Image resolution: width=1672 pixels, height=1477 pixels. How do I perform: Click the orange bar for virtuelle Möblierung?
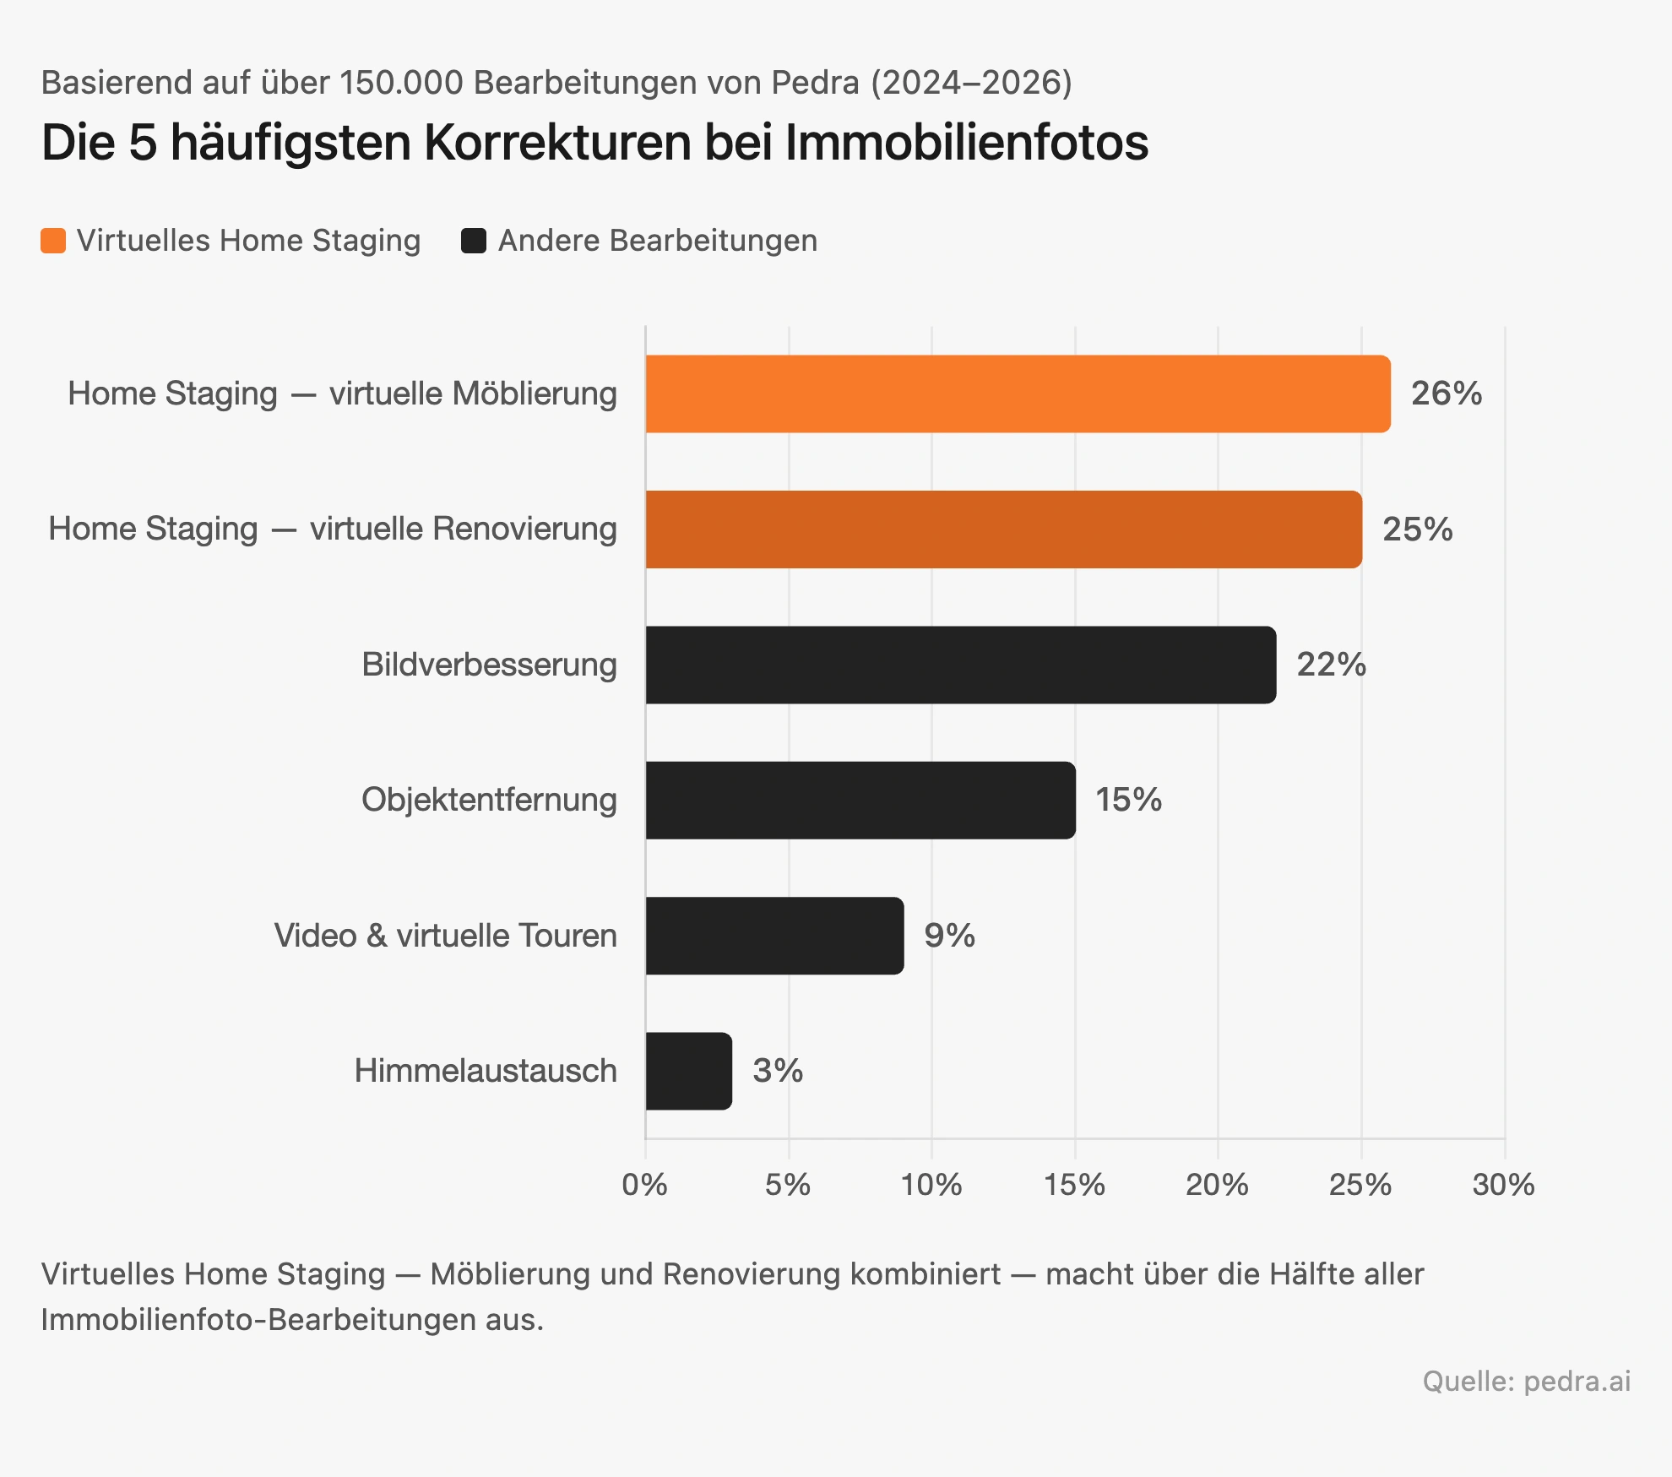tap(1018, 394)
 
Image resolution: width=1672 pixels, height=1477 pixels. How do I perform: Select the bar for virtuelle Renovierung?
tap(1003, 529)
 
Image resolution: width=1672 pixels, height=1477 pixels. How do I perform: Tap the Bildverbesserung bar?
tap(960, 665)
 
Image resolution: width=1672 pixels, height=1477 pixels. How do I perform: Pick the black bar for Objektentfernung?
tap(860, 800)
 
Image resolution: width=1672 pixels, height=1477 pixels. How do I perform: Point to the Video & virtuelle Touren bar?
tap(774, 936)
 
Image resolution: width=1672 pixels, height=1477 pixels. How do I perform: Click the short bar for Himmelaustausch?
tap(688, 1071)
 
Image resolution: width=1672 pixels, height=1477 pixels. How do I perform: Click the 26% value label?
tap(1446, 394)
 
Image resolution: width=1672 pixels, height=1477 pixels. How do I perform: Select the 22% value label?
tap(1331, 665)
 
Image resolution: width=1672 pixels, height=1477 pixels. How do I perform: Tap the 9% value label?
tap(949, 936)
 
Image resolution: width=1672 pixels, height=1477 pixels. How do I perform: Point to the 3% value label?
tap(777, 1071)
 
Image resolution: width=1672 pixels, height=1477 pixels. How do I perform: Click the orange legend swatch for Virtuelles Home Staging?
tap(53, 241)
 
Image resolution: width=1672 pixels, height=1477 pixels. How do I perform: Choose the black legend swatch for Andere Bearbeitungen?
tap(474, 241)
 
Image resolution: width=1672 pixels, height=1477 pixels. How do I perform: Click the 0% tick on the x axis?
tap(644, 1185)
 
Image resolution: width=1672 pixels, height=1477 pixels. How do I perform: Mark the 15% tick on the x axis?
tap(1074, 1185)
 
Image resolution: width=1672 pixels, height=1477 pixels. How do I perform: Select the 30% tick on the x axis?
tap(1503, 1185)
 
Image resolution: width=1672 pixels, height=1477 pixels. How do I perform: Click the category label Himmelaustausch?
tap(486, 1071)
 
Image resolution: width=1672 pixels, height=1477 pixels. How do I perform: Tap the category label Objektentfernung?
tap(489, 800)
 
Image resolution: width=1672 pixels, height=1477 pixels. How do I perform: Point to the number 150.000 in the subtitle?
tap(402, 83)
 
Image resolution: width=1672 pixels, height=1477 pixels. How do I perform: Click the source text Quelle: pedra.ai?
tap(1526, 1381)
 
